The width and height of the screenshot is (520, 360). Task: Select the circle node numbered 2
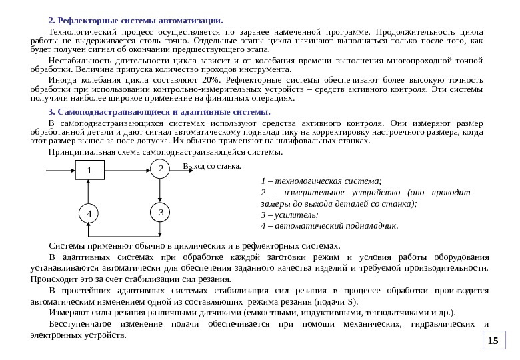pyautogui.click(x=160, y=169)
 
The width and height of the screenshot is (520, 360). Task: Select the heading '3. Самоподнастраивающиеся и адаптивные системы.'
pyautogui.click(x=160, y=111)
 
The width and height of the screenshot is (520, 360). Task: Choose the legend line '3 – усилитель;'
pyautogui.click(x=289, y=215)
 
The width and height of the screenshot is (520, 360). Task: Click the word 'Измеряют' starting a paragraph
pyautogui.click(x=69, y=312)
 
